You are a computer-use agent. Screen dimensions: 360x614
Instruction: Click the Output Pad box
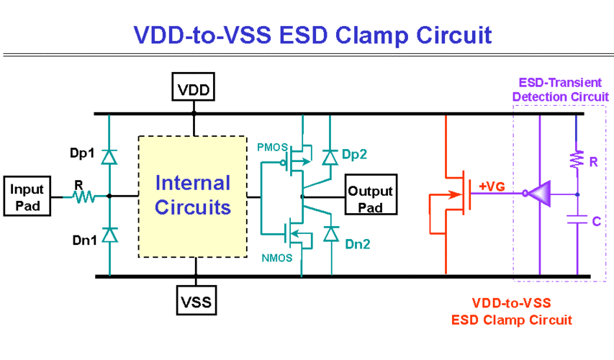point(371,196)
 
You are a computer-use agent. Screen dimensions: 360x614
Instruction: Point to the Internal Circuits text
point(193,195)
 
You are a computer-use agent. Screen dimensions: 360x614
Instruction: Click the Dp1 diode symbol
point(109,156)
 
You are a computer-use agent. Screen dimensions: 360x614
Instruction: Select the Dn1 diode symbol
point(109,235)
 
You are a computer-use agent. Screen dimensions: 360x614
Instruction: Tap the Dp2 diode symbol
point(330,156)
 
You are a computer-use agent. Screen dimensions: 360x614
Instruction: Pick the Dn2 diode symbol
point(330,234)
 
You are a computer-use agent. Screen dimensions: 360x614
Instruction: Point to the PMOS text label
point(272,146)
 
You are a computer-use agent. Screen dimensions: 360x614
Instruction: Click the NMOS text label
point(276,257)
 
